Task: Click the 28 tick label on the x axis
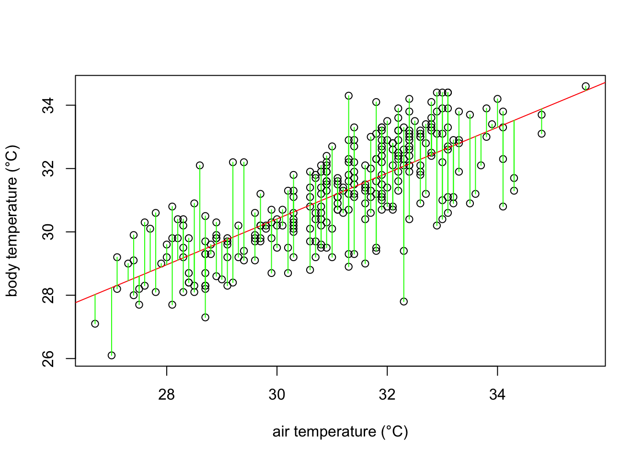coord(166,394)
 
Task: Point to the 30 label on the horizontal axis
coord(277,394)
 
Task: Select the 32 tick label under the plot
coord(387,394)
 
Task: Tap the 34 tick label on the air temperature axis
coord(497,394)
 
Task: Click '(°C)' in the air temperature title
coord(394,432)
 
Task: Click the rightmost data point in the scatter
coord(586,86)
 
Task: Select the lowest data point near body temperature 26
coord(112,355)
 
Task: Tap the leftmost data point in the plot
coord(95,323)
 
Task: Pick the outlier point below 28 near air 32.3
coord(404,301)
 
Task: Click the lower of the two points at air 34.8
coord(541,134)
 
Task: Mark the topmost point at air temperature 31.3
coord(349,96)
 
